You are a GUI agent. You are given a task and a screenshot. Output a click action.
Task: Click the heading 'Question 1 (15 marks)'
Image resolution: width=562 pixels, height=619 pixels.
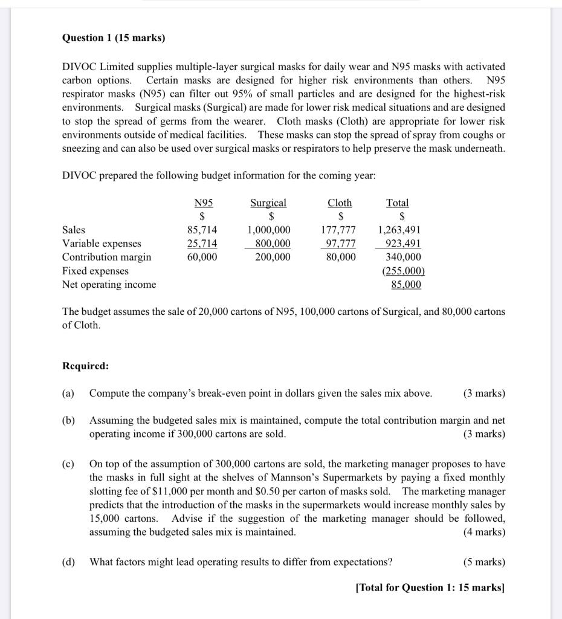click(x=114, y=38)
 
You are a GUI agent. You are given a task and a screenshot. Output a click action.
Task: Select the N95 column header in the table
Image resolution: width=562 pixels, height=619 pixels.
click(x=203, y=203)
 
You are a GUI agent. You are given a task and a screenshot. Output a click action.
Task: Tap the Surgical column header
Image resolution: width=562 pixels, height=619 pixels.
click(x=268, y=203)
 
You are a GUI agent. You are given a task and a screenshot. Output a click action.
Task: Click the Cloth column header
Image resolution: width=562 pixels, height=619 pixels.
click(x=340, y=203)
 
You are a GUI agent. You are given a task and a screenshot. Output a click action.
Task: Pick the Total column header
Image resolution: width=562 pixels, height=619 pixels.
click(x=398, y=203)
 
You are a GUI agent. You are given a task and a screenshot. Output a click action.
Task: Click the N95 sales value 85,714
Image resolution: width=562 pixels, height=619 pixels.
click(x=202, y=230)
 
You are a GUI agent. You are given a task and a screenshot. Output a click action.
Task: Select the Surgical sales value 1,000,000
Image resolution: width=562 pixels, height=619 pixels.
click(x=269, y=230)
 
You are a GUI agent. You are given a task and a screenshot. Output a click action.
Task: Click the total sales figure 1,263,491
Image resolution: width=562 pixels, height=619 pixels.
click(x=399, y=230)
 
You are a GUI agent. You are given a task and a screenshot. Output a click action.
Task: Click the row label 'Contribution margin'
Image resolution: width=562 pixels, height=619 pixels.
click(x=106, y=257)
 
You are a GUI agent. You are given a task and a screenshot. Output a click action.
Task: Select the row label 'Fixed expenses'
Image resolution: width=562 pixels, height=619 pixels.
click(x=95, y=271)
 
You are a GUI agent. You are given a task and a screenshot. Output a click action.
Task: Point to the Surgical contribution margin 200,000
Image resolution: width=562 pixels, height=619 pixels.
click(x=272, y=257)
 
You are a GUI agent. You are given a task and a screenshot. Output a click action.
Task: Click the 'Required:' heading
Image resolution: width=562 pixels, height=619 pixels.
click(x=86, y=366)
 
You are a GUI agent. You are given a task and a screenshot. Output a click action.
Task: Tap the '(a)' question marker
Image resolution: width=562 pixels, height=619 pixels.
click(x=68, y=394)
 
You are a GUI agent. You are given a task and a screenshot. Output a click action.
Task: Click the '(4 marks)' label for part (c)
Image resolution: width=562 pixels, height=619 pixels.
click(x=484, y=532)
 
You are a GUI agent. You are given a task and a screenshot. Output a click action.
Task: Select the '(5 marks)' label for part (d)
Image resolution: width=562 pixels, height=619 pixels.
click(x=484, y=562)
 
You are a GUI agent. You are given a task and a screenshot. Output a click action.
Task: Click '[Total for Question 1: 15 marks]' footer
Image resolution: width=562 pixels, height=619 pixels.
click(x=430, y=588)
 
